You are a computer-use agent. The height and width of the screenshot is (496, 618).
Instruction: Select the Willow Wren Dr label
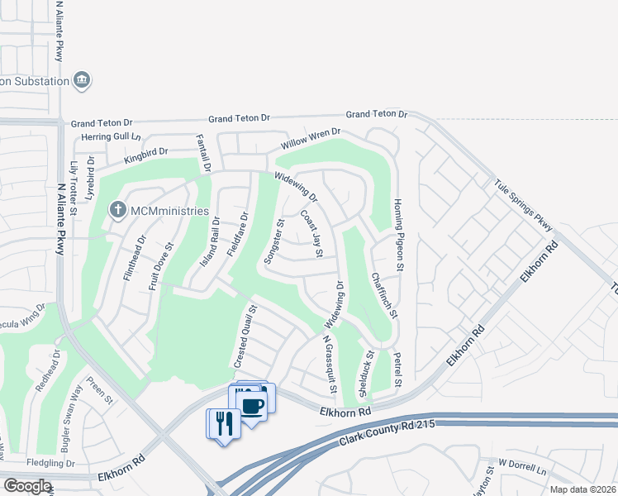[x=311, y=137]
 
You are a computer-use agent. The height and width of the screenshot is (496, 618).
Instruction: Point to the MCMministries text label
[x=169, y=212]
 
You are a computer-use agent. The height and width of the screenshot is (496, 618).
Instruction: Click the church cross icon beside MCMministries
[x=118, y=212]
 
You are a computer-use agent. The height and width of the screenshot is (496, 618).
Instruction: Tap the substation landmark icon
[x=82, y=80]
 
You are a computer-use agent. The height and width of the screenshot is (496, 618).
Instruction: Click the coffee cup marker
[x=252, y=406]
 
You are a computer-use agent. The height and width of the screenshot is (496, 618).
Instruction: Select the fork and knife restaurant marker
[x=223, y=423]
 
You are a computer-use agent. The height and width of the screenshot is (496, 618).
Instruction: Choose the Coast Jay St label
[x=311, y=232]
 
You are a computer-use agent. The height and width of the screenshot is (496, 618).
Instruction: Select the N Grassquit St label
[x=330, y=365]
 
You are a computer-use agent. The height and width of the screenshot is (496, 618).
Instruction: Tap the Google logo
[x=26, y=485]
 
